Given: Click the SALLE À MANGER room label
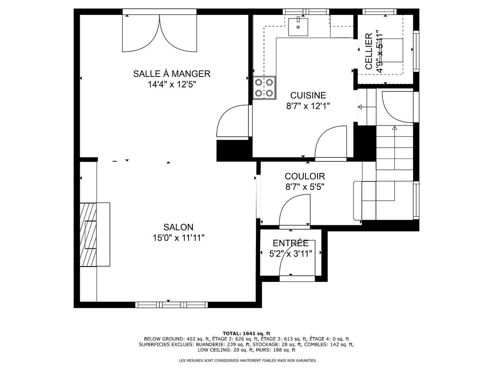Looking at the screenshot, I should (x=171, y=74).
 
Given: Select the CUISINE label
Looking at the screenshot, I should (x=308, y=95).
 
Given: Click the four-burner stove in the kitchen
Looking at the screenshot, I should (x=264, y=88).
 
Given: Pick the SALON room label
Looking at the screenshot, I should (x=178, y=227).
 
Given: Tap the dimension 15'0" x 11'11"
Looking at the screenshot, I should (x=178, y=238).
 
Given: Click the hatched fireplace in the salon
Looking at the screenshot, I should (x=88, y=235).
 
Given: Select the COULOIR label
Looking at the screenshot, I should (x=304, y=176).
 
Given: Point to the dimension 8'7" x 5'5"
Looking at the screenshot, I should (x=304, y=187).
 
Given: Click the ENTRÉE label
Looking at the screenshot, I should (x=290, y=243).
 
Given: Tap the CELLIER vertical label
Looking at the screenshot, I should (x=369, y=51).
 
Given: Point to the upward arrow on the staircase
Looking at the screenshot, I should (x=394, y=128).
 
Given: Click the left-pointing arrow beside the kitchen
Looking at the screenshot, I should (x=360, y=107).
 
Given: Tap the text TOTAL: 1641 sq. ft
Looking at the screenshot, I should (x=246, y=333).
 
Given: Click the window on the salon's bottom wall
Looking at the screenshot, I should (x=169, y=305).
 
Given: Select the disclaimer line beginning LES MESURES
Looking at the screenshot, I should (x=248, y=361).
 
